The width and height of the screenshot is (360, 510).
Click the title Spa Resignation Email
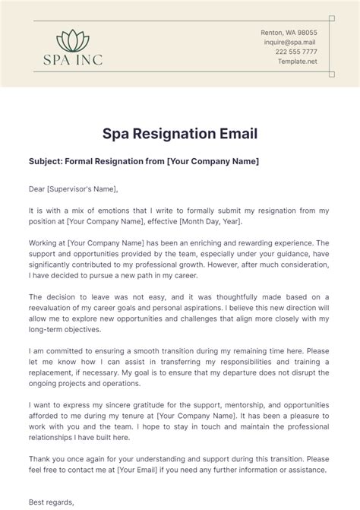pyautogui.click(x=180, y=134)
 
